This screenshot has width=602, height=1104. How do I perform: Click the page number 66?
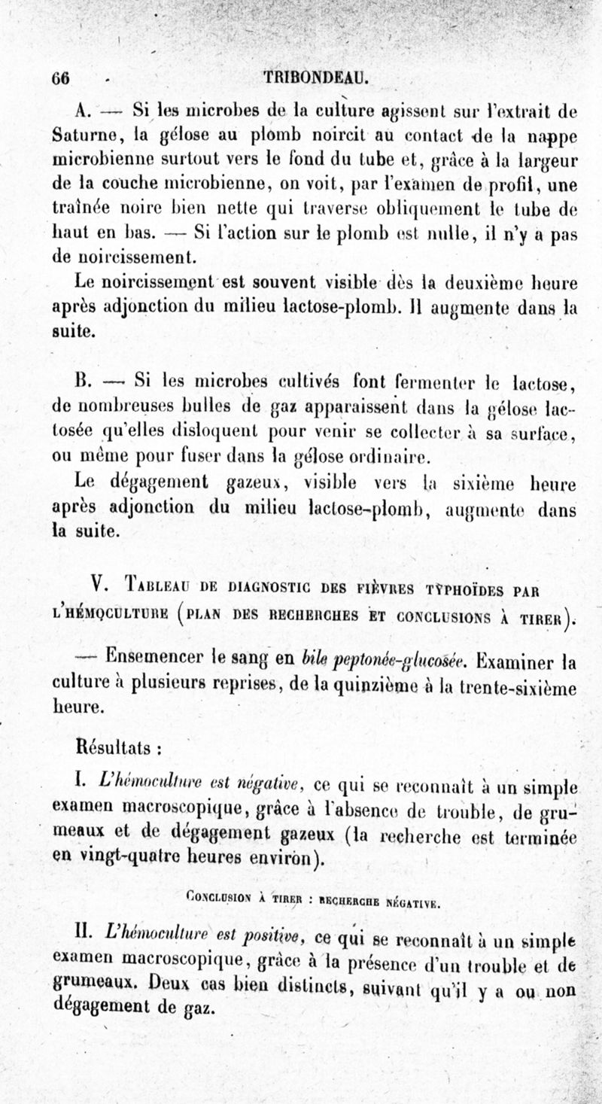(x=60, y=78)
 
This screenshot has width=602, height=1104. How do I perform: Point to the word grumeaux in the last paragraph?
(x=98, y=980)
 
